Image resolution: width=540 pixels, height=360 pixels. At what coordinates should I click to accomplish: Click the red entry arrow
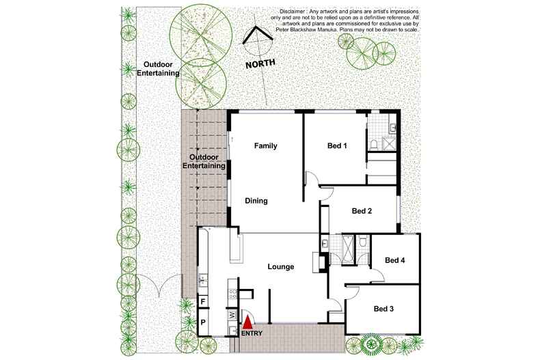tap(248, 319)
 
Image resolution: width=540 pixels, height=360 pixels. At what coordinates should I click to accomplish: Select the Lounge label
tap(281, 267)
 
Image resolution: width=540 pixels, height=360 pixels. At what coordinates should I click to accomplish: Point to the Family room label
tap(265, 146)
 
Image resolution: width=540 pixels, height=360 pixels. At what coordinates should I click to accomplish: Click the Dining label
tap(257, 201)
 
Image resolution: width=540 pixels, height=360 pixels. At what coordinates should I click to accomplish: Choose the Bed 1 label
tap(338, 146)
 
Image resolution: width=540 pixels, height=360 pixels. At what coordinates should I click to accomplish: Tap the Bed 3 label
tap(384, 309)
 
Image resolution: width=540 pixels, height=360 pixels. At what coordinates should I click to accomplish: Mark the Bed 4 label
tap(394, 260)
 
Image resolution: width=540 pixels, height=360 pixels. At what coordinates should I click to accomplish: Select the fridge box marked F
tap(203, 301)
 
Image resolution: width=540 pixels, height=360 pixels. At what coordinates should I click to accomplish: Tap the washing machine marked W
tap(232, 315)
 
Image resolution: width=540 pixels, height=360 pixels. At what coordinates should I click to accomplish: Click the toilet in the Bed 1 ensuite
tap(376, 144)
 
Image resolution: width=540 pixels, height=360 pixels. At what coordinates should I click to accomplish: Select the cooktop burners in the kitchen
tap(232, 294)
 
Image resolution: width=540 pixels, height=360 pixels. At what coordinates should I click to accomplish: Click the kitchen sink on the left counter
tap(202, 278)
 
